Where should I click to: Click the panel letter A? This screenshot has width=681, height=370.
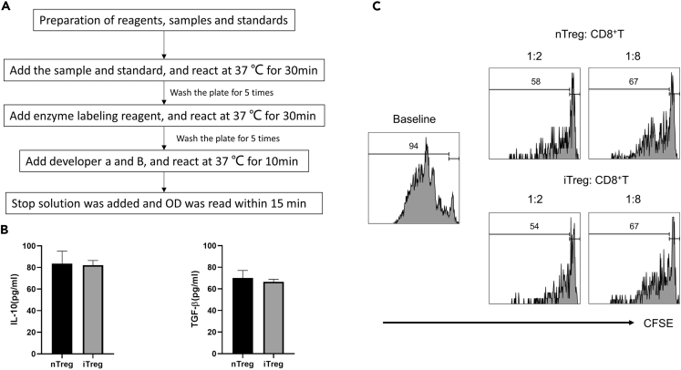coord(6,7)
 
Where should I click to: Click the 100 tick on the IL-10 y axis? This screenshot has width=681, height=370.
coord(34,246)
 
